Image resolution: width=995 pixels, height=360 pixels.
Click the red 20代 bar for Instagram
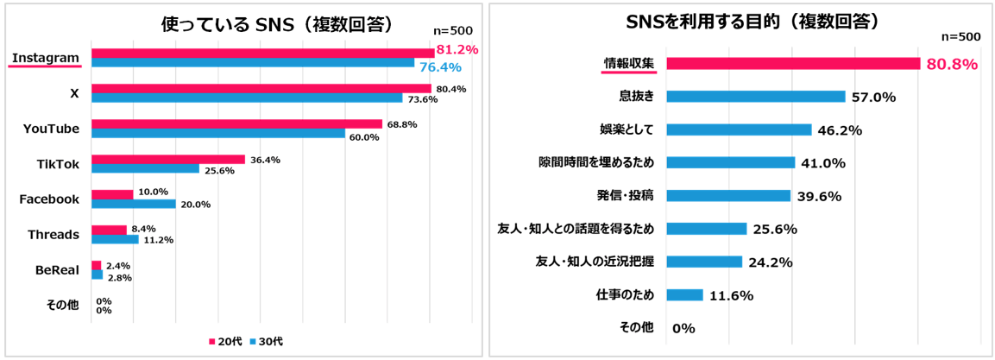pyautogui.click(x=262, y=53)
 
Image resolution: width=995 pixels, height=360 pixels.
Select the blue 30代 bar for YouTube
pyautogui.click(x=218, y=134)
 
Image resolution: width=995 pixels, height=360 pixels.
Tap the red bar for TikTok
pyautogui.click(x=167, y=159)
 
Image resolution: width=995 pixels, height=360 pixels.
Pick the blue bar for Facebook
pyautogui.click(x=134, y=204)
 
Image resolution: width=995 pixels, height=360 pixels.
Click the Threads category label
pyautogui.click(x=54, y=234)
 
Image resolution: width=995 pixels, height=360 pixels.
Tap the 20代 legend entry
pyautogui.click(x=226, y=341)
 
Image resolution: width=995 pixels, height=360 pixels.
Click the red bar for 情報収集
pyautogui.click(x=793, y=63)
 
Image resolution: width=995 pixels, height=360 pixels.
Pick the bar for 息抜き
pyautogui.click(x=755, y=97)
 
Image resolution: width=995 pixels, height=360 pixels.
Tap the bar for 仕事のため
pyautogui.click(x=685, y=294)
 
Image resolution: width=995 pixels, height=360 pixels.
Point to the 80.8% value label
pyautogui.click(x=951, y=64)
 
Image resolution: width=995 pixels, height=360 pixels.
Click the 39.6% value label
pyautogui.click(x=819, y=196)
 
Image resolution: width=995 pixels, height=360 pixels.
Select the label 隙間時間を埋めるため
pyautogui.click(x=595, y=162)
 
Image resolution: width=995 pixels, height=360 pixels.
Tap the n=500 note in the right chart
pyautogui.click(x=960, y=36)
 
